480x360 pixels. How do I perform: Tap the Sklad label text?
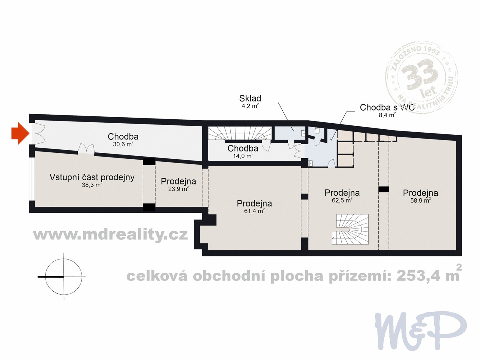tap(250, 98)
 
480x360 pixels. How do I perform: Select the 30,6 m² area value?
tap(123, 144)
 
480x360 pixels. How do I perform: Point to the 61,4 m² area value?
tap(254, 211)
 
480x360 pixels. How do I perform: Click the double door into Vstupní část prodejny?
tap(86, 149)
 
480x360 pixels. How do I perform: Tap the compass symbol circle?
tap(64, 277)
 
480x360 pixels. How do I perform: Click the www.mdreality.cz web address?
tap(110, 234)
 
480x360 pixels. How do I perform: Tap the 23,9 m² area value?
tap(178, 189)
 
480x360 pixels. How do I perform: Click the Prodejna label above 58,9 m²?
tap(420, 193)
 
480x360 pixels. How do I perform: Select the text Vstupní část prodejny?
tap(92, 177)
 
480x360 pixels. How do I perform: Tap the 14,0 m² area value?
tap(243, 156)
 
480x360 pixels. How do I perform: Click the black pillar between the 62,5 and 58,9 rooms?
tap(383, 189)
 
